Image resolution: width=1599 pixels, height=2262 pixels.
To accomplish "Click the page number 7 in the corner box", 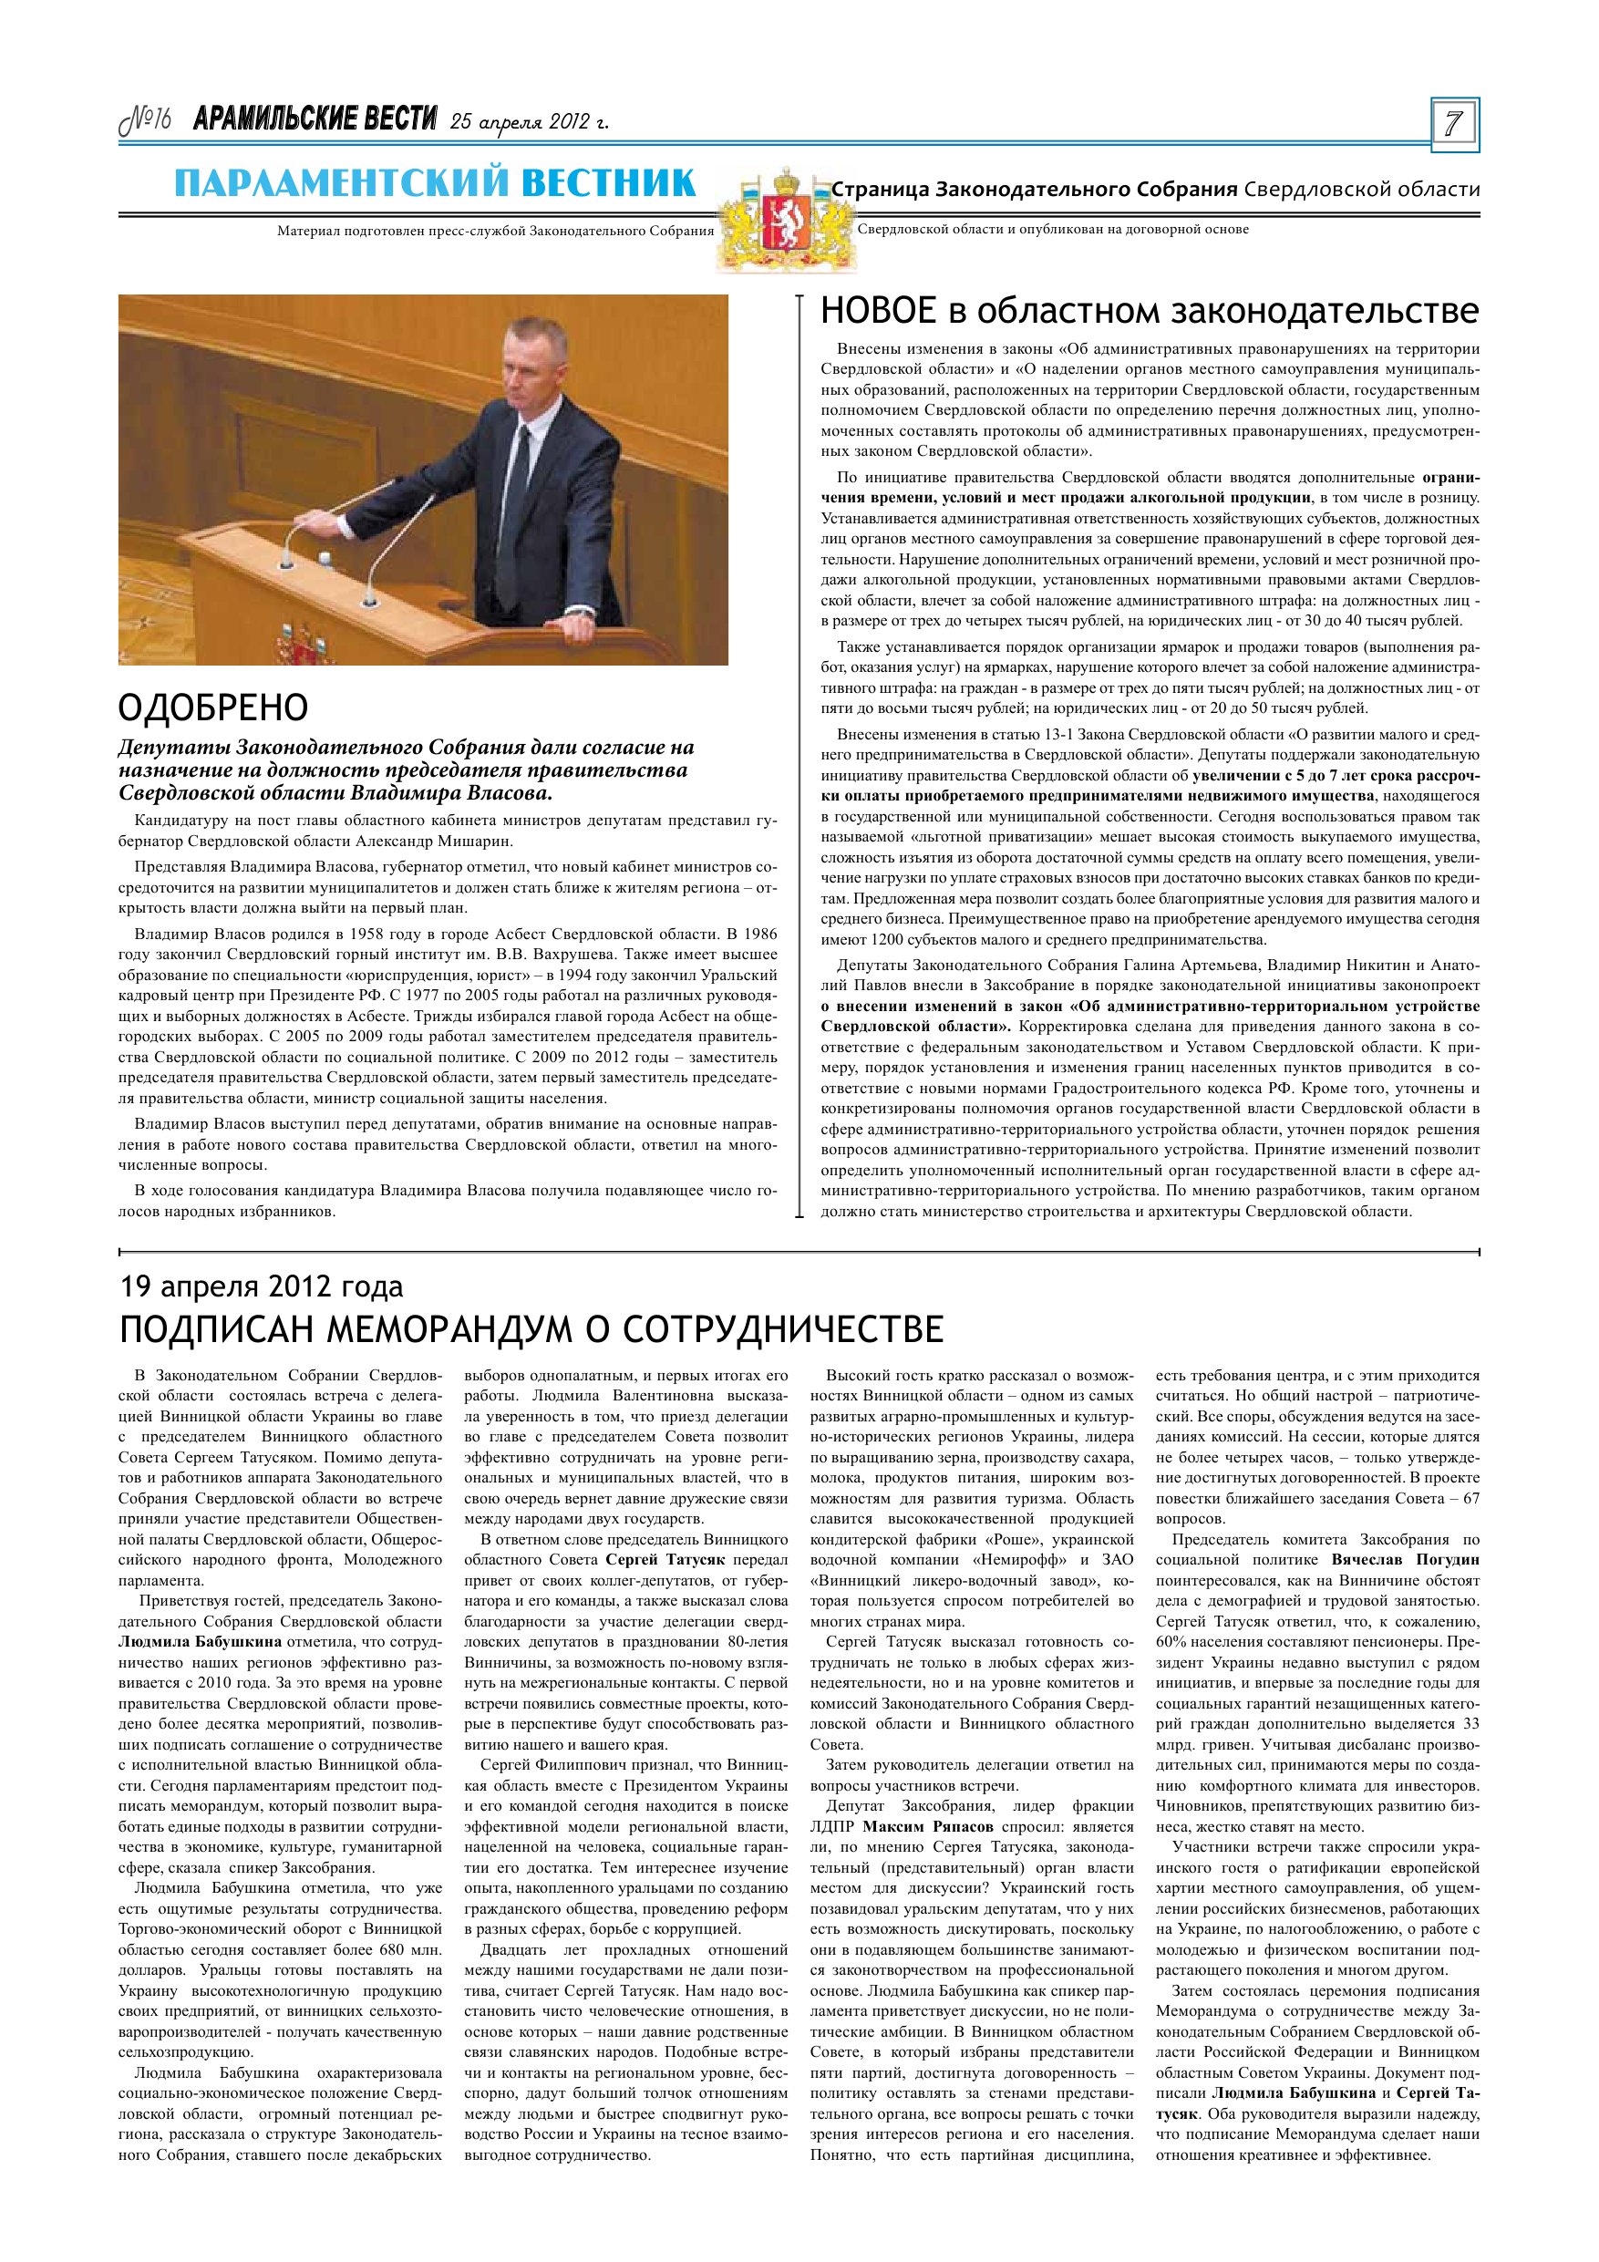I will tap(1453, 125).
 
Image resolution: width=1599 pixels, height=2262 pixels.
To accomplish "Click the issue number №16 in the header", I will tap(146, 121).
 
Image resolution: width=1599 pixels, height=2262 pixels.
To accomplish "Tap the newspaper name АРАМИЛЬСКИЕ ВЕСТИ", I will tap(315, 120).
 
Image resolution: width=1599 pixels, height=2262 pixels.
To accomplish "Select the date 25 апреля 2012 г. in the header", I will tap(529, 122).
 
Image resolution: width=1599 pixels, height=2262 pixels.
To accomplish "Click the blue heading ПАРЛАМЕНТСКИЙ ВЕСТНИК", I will tap(436, 183).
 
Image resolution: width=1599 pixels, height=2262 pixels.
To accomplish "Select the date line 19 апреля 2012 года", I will tap(261, 1287).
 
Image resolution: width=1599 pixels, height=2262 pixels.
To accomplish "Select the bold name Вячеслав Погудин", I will tap(1404, 1560).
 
